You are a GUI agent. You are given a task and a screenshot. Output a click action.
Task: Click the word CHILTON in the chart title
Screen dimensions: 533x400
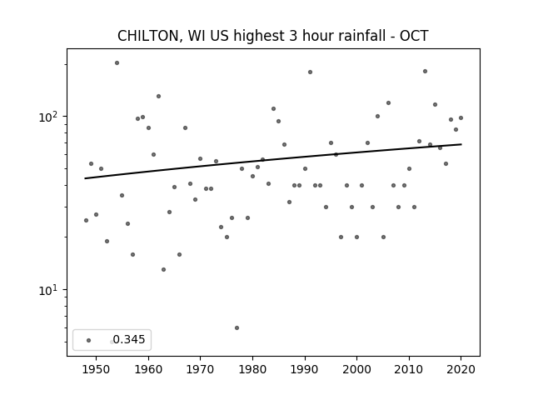pos(148,36)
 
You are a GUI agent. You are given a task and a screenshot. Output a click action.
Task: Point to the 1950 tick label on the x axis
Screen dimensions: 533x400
pos(97,369)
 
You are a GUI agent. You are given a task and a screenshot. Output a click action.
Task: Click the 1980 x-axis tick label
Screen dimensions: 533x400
pos(252,369)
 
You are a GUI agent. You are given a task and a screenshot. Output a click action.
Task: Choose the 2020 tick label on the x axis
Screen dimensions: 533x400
pos(461,369)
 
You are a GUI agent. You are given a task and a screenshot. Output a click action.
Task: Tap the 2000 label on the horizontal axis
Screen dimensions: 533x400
pos(357,369)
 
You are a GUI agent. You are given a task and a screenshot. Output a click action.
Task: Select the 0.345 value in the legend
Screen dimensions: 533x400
pos(129,339)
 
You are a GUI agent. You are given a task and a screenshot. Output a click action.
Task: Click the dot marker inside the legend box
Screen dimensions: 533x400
pos(89,340)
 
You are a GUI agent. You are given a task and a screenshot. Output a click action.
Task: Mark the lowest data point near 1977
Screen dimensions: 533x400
pos(237,327)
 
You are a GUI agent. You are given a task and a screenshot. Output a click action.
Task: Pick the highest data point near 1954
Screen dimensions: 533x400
pos(117,63)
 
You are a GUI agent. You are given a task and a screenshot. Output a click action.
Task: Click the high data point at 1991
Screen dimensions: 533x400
pos(310,72)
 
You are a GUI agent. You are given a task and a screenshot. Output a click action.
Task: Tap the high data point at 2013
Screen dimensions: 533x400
pos(425,72)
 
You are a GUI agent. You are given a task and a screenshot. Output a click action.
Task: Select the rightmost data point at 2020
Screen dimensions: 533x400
pos(461,118)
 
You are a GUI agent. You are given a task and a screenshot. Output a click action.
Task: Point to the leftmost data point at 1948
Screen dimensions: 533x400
pos(86,220)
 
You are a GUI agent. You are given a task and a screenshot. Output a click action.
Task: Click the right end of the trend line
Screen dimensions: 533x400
pos(461,144)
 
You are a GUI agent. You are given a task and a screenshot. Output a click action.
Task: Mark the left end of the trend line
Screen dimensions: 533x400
pos(85,178)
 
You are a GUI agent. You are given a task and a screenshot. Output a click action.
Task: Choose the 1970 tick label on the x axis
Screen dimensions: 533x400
pos(200,369)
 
